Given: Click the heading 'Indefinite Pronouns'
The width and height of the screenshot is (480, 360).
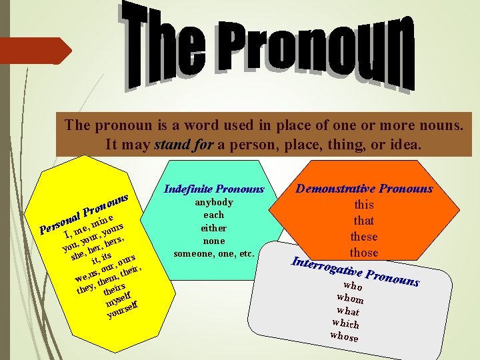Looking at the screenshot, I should (x=214, y=189).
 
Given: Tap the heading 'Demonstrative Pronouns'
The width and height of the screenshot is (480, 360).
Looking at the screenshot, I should (x=364, y=189).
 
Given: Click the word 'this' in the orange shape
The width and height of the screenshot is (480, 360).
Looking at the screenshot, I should (x=364, y=205).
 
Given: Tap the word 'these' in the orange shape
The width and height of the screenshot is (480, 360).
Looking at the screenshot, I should (x=364, y=237).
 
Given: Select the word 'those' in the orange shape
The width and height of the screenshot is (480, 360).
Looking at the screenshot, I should (x=364, y=253).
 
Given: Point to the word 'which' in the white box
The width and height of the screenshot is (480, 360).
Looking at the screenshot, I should (x=346, y=323).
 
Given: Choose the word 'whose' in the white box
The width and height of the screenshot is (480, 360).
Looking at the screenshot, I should (x=344, y=336).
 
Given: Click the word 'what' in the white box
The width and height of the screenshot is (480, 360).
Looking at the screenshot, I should (x=348, y=311).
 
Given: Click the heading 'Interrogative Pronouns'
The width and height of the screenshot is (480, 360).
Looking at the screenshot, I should (x=353, y=270).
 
